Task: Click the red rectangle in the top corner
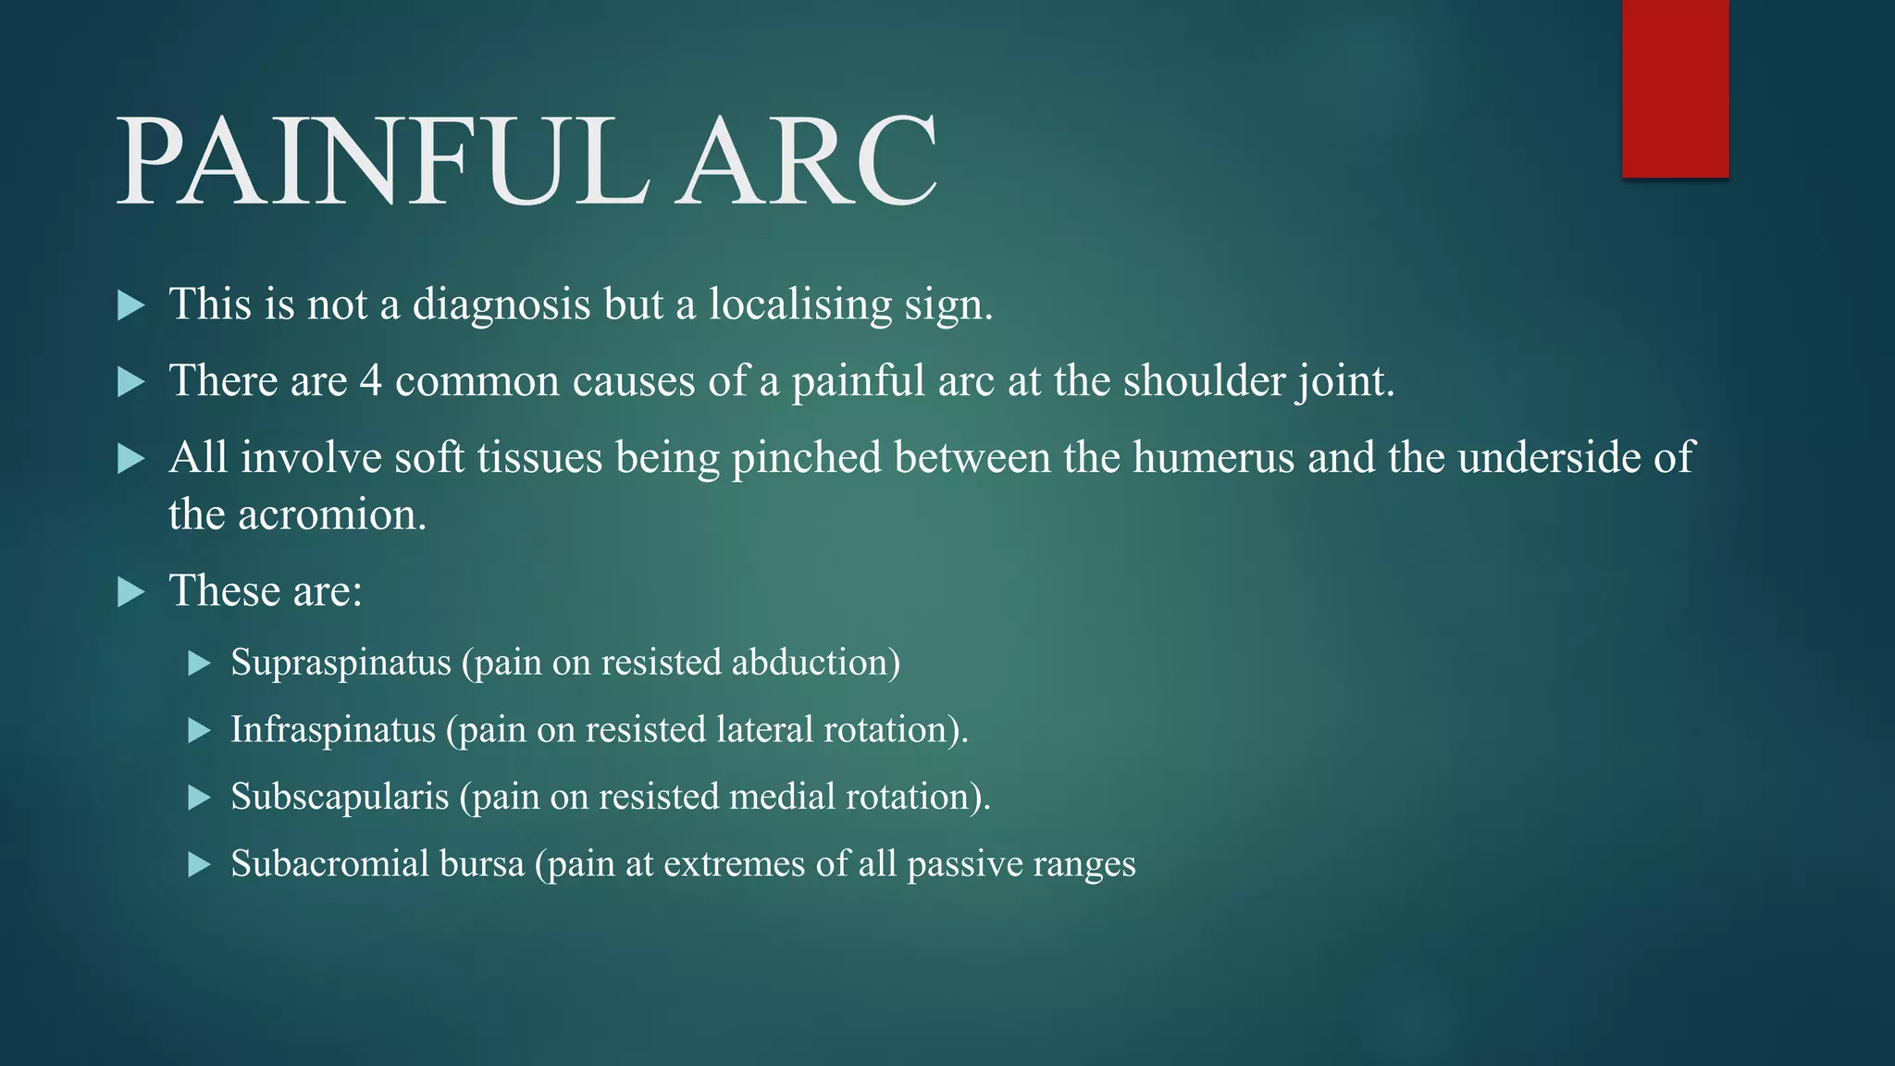click(1675, 89)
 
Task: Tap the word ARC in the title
click(805, 163)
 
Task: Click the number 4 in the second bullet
click(370, 381)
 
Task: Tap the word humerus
click(1213, 458)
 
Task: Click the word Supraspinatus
click(341, 663)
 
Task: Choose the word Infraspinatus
click(332, 730)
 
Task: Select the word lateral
click(764, 730)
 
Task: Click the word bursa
click(481, 864)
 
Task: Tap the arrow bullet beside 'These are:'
click(131, 592)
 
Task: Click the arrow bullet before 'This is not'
click(131, 305)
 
